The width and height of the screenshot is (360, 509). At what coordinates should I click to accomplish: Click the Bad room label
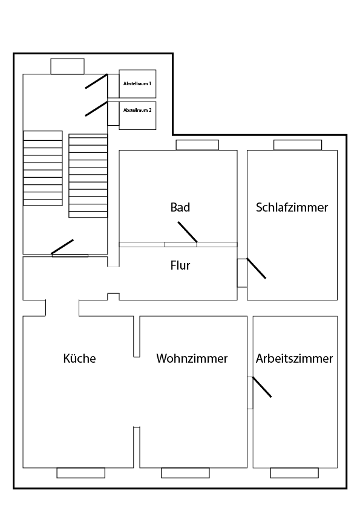(180, 207)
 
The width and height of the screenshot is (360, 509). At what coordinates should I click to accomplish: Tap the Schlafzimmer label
(292, 207)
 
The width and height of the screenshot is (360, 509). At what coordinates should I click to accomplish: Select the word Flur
(180, 265)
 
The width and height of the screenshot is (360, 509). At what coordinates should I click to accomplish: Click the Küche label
(79, 358)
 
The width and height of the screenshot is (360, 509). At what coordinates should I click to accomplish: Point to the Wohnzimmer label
(192, 358)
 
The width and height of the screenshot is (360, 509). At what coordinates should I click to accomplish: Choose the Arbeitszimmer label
(294, 358)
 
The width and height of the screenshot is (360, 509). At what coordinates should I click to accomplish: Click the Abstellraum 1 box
(137, 83)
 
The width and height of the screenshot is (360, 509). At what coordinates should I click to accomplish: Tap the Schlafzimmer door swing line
(256, 269)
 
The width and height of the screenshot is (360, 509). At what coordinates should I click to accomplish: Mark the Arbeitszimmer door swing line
(262, 387)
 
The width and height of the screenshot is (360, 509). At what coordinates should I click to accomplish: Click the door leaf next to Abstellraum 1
(96, 81)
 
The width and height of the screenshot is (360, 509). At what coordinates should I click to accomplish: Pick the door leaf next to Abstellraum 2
(96, 109)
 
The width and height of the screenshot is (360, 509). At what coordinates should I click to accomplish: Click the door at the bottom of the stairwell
(62, 247)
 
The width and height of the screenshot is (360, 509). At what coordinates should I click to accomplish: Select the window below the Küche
(80, 473)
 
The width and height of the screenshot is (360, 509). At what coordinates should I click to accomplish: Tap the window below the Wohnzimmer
(185, 473)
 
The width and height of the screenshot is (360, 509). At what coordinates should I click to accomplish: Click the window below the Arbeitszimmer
(294, 473)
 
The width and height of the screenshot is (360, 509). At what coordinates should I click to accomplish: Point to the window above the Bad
(197, 144)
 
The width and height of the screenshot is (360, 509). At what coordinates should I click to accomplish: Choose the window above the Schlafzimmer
(297, 144)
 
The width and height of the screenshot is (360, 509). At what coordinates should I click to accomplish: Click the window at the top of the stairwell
(67, 66)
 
